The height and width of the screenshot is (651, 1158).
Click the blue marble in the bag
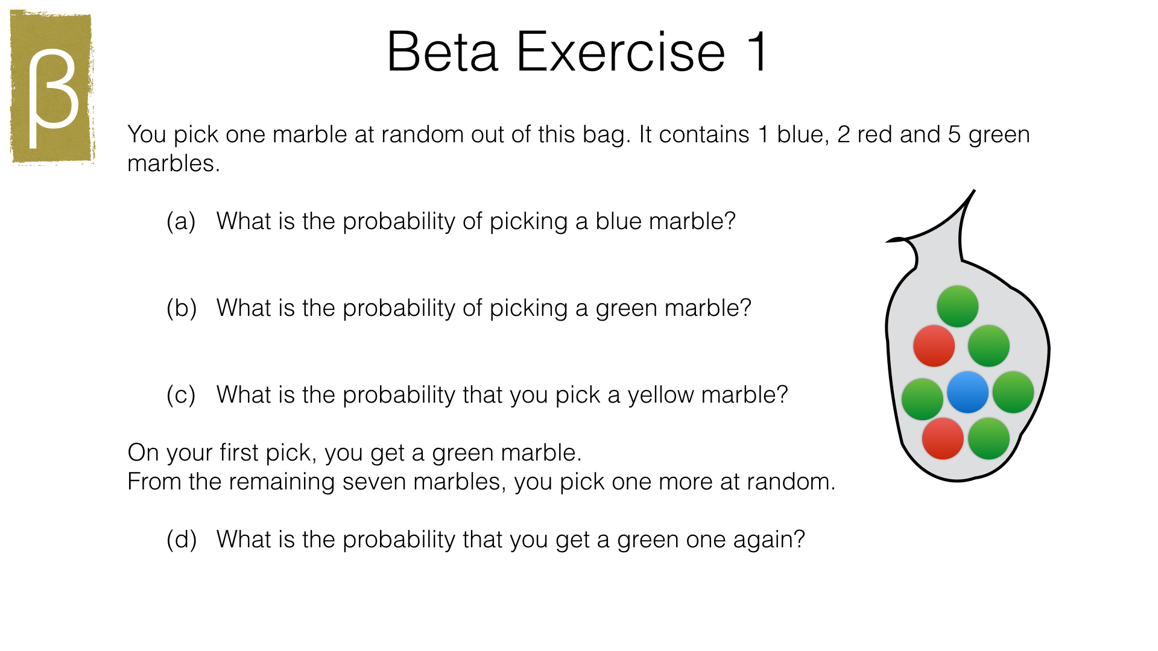coord(967,392)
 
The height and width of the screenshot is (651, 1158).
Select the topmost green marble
coord(957,306)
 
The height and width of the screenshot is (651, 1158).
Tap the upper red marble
coord(934,346)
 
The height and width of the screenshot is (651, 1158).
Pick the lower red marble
coord(943,439)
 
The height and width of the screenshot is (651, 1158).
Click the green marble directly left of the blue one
coord(922,399)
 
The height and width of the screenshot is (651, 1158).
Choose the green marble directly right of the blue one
coord(1013,392)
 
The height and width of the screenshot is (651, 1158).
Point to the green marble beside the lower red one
coord(989,439)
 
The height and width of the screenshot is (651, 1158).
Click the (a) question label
coord(181,221)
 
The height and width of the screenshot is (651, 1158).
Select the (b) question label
coord(182,308)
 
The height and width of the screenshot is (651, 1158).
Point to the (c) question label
coord(181,395)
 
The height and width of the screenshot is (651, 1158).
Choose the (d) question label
coord(182,539)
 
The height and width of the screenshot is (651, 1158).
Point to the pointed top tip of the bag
coord(974,190)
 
